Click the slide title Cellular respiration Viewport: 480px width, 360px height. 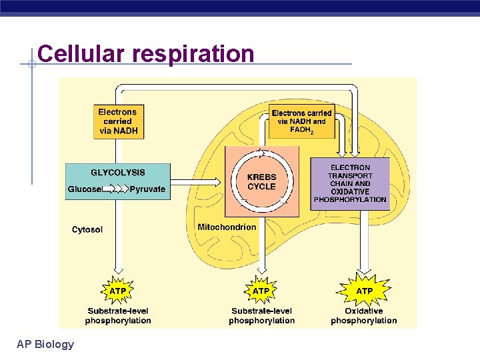146,53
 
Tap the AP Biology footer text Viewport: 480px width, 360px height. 45,344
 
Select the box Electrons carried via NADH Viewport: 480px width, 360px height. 118,122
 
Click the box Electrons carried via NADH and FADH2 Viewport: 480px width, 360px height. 301,121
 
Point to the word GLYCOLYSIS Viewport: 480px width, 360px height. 117,173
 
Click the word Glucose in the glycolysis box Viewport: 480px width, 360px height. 85,189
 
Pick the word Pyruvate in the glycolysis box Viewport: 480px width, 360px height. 147,189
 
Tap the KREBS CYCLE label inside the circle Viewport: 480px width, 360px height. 261,182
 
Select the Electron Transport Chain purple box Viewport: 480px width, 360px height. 350,183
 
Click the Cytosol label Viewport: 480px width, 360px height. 87,230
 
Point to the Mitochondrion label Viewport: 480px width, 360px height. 227,227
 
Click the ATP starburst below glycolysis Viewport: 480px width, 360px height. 118,291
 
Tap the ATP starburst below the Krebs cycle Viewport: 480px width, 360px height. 261,291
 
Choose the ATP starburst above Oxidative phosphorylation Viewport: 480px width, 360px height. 364,291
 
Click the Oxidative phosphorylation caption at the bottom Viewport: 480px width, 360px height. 364,316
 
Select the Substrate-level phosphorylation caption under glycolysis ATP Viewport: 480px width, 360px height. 118,316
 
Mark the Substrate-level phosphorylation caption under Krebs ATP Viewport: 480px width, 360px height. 261,316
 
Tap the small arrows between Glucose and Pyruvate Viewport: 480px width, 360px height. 117,189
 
